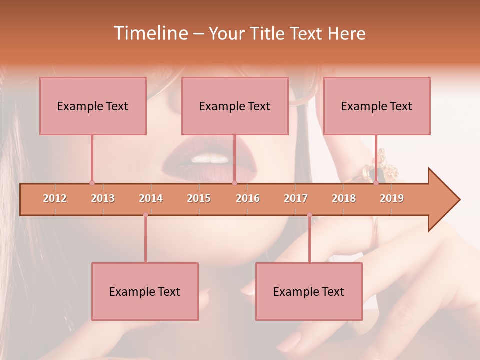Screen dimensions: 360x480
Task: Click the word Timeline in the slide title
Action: point(150,33)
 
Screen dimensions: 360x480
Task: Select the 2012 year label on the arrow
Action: point(55,198)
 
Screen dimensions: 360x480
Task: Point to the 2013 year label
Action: point(103,198)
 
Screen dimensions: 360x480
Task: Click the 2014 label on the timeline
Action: point(151,198)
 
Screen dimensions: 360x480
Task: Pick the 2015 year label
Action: point(199,198)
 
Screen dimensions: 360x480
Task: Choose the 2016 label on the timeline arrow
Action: point(248,198)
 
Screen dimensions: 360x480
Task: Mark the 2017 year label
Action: point(296,198)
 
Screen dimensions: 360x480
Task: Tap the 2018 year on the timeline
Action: point(344,198)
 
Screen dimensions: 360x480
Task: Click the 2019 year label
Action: point(392,198)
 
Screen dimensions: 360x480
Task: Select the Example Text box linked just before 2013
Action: point(93,106)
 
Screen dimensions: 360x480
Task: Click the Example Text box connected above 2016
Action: point(235,106)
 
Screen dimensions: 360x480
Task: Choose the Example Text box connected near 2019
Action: point(377,106)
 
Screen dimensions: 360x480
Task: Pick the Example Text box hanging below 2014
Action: point(145,291)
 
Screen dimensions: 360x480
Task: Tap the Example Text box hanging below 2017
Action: point(309,291)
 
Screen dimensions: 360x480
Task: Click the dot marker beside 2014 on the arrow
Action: point(145,215)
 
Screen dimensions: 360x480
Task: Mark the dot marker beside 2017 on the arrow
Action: point(309,215)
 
